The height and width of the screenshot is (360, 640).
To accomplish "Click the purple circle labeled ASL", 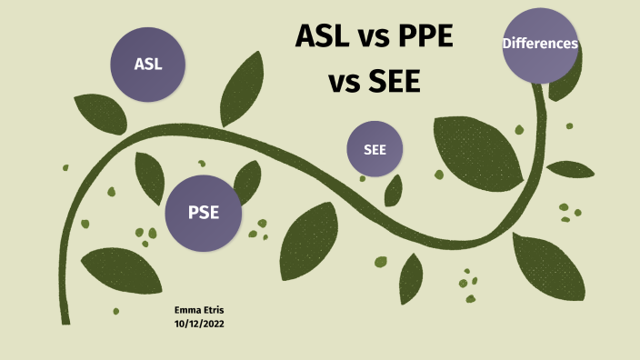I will [x=147, y=64].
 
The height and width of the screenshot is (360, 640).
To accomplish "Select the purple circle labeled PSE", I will [x=203, y=214].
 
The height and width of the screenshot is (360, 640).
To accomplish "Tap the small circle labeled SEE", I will [x=375, y=149].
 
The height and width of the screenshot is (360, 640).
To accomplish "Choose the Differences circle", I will [x=541, y=44].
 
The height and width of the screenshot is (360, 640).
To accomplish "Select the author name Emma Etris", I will [x=198, y=311].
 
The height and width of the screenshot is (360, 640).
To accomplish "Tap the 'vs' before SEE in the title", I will [x=344, y=85].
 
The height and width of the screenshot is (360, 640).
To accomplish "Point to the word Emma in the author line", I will [x=186, y=311].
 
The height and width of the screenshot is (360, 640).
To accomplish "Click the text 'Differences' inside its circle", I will [x=541, y=44].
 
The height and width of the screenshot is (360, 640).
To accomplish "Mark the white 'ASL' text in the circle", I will [x=147, y=65].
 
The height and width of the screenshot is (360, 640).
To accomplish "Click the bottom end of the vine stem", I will [x=65, y=319].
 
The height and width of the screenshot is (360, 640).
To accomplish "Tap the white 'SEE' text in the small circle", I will [x=375, y=149].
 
